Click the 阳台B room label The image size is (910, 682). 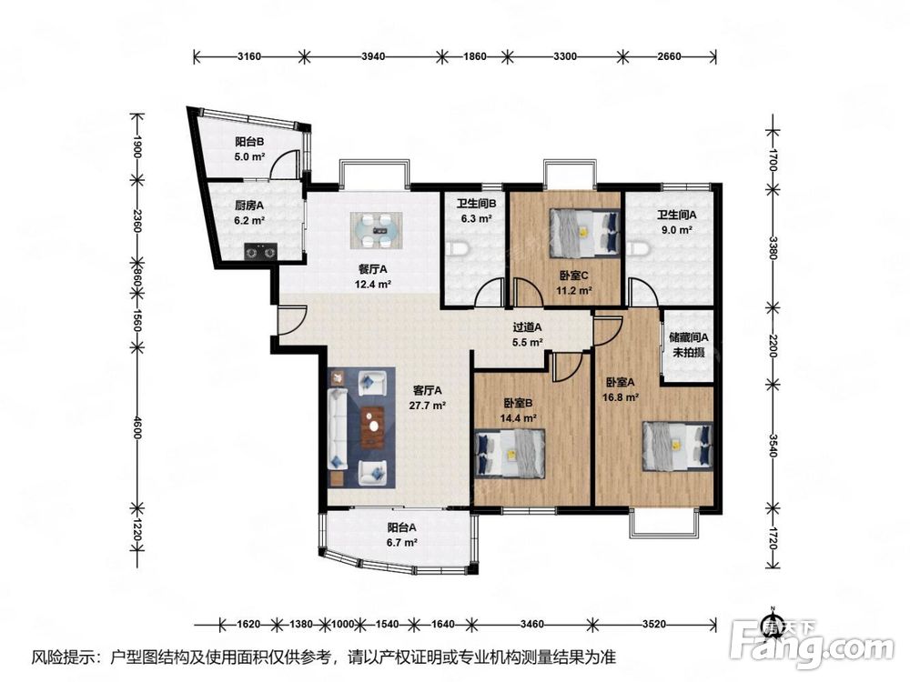250,142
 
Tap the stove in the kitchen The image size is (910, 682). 260,252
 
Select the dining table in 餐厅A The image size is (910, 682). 376,231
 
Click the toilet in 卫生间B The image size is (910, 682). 458,249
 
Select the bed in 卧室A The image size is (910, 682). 677,446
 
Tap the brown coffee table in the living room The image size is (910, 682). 372,427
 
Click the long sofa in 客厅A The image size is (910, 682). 338,428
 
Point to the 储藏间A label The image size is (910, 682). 688,337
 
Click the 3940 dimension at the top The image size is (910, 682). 373,56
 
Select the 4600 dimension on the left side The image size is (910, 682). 137,428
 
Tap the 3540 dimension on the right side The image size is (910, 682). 773,446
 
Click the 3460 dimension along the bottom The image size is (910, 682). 532,624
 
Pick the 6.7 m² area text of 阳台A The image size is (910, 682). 402,543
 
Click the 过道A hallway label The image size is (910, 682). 528,327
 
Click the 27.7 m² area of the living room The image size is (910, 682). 427,406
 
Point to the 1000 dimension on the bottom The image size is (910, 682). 342,624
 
